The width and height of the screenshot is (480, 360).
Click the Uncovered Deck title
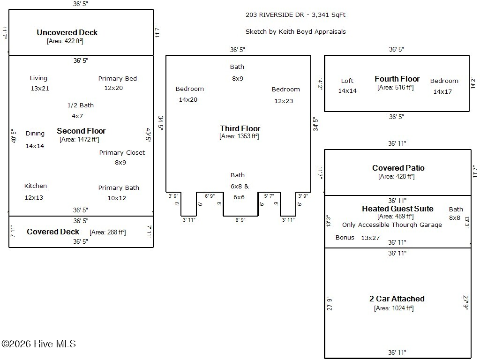[x=67, y=32]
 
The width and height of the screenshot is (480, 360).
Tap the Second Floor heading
[x=81, y=131]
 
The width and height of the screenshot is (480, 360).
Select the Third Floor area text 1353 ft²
[x=239, y=136]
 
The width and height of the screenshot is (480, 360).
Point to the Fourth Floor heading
[x=397, y=79]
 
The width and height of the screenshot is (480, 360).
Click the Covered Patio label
[x=398, y=168]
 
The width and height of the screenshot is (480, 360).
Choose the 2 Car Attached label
[x=397, y=299]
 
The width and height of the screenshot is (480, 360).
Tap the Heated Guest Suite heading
[x=397, y=209]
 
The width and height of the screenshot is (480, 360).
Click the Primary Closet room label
[x=122, y=152]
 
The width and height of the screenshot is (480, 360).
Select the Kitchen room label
[x=36, y=186]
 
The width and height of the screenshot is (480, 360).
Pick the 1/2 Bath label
[x=81, y=105]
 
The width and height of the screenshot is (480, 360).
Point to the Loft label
[x=347, y=81]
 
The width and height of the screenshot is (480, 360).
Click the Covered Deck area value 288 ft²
[x=107, y=232]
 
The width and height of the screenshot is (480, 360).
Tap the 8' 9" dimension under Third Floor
[x=240, y=220]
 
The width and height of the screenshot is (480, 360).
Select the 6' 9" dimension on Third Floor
[x=210, y=196]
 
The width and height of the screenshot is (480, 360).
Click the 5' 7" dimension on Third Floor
[x=269, y=196]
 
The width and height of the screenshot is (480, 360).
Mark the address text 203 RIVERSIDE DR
[x=275, y=15]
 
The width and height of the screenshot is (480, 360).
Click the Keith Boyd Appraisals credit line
[x=296, y=31]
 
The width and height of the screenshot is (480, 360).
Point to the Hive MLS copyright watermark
[x=38, y=344]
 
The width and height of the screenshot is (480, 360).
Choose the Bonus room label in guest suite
[x=345, y=238]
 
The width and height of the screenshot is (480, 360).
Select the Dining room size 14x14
[x=35, y=146]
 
